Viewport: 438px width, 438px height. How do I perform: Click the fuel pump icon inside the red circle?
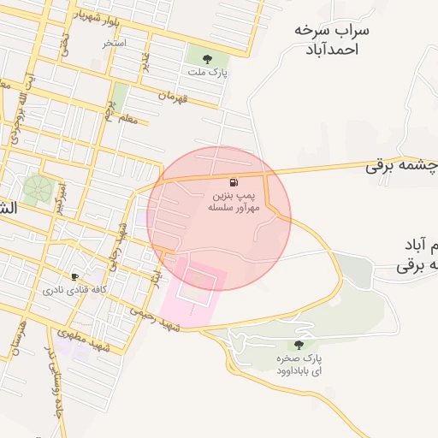pos(234,182)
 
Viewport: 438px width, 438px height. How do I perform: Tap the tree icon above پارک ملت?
pos(208,60)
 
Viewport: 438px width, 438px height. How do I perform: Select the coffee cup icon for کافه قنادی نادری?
pos(75,277)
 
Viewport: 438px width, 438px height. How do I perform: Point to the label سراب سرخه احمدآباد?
pos(331,39)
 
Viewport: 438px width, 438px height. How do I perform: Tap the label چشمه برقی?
pos(402,166)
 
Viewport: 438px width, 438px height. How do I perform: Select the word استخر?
pos(114,42)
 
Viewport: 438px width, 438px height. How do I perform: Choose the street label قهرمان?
pos(173,97)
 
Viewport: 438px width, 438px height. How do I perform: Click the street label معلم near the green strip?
pos(125,119)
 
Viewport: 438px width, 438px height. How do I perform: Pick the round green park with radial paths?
pos(37,187)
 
